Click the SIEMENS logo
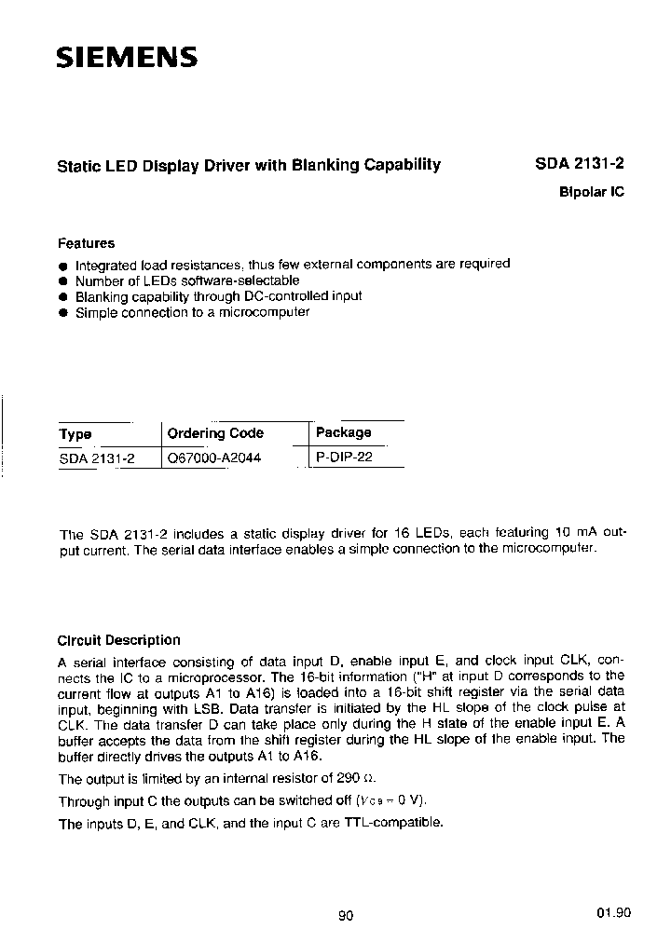pyautogui.click(x=127, y=58)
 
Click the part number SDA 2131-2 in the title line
pyautogui.click(x=580, y=164)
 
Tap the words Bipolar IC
pyautogui.click(x=591, y=192)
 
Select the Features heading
pyautogui.click(x=86, y=243)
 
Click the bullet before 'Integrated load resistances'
pyautogui.click(x=63, y=265)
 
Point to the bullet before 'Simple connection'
pyautogui.click(x=63, y=313)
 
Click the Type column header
pyautogui.click(x=75, y=434)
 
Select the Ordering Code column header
pyautogui.click(x=215, y=433)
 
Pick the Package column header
pyautogui.click(x=343, y=432)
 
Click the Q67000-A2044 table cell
pyautogui.click(x=213, y=458)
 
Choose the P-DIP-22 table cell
pyautogui.click(x=344, y=458)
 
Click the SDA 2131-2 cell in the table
pyautogui.click(x=97, y=458)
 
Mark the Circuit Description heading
pyautogui.click(x=118, y=640)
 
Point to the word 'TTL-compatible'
pyautogui.click(x=393, y=823)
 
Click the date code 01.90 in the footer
pyautogui.click(x=613, y=913)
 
